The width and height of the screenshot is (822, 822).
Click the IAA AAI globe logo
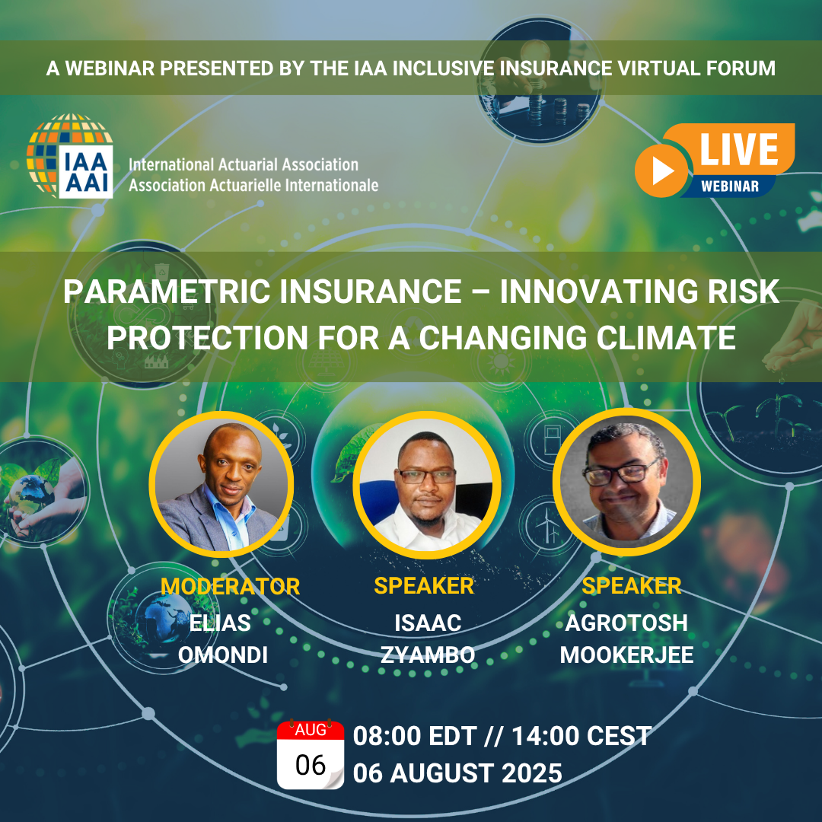coord(70,156)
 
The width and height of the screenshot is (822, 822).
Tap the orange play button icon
coord(661,171)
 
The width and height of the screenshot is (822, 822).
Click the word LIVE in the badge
coord(739,150)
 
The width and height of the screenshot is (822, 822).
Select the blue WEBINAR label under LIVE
coord(730,186)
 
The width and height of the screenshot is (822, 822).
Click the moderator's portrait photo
coord(221,484)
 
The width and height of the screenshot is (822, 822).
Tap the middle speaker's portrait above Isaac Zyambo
coord(426,484)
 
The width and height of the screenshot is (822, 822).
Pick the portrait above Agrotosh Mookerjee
coord(626,482)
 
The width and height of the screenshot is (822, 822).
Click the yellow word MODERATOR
coord(230,586)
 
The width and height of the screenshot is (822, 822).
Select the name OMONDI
coord(223,655)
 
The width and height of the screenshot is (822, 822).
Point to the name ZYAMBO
coord(428,655)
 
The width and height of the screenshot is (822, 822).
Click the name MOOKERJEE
coord(626,655)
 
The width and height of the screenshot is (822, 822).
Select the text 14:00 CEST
coord(581,736)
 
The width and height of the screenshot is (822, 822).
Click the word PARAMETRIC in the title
coord(167,292)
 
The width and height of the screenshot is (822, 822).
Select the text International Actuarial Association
coord(244,164)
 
